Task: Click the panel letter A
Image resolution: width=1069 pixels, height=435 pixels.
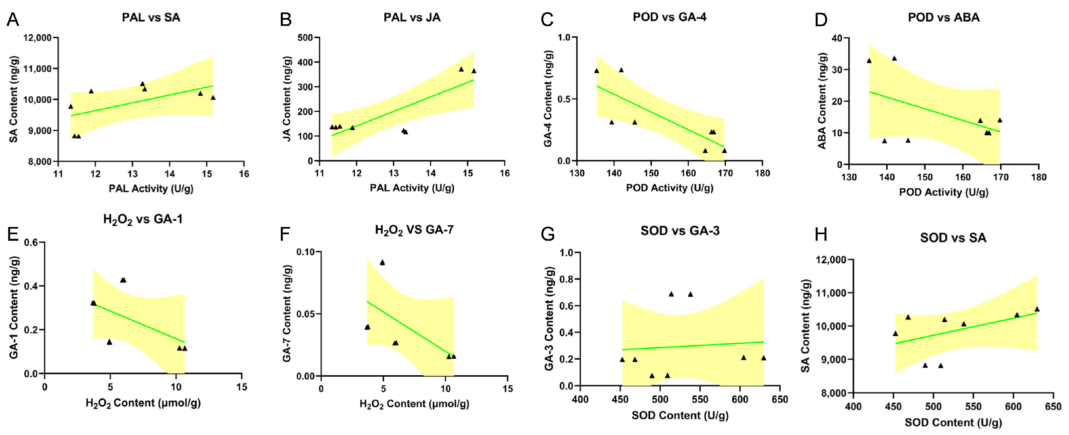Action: pos(13,20)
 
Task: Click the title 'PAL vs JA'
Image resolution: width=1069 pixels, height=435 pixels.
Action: pos(412,17)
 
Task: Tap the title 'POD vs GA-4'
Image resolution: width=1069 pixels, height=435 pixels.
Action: pos(669,17)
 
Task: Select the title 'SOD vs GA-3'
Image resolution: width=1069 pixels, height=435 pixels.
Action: pos(680,231)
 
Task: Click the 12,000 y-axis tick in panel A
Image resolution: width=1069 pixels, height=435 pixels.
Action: pos(37,38)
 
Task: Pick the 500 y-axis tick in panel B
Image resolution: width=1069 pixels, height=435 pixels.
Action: pos(305,38)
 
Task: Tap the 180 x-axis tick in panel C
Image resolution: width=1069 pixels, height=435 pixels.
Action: pos(762,173)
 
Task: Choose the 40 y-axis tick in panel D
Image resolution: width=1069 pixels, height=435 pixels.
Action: pos(837,38)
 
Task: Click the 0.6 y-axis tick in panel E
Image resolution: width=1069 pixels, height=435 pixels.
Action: pos(31,242)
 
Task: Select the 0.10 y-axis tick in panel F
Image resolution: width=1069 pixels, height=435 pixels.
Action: pos(305,252)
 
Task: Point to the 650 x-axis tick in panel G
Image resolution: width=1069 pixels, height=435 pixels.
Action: pos(780,400)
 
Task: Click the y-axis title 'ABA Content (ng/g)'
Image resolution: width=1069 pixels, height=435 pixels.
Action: pos(822,101)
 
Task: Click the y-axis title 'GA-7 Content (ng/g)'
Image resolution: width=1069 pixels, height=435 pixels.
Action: pos(287,313)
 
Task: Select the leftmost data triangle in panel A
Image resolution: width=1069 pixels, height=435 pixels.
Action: pos(71,106)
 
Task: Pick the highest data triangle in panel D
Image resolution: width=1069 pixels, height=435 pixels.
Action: pos(894,59)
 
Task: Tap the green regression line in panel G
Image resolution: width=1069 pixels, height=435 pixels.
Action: pos(693,346)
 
